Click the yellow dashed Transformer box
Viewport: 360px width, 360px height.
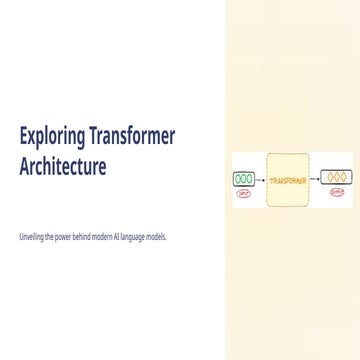288,181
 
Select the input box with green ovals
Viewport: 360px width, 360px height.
244,179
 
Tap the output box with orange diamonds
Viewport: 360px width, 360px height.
336,178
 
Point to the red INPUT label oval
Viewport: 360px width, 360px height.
244,192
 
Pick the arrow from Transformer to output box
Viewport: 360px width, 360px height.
314,179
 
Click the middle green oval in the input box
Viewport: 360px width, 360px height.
244,179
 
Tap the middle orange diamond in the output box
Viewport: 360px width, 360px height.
336,178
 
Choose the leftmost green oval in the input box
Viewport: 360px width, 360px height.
238,179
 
